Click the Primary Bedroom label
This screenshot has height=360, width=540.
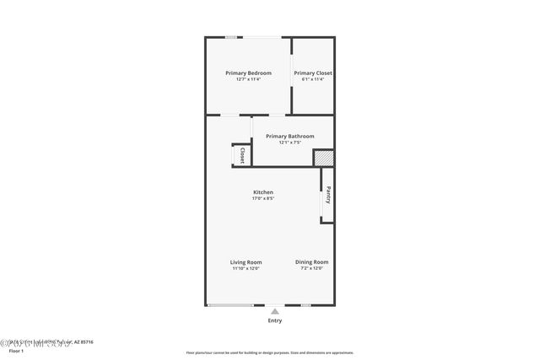point(248,73)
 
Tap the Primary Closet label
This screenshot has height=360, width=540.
point(312,73)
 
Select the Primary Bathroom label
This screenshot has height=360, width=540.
point(289,136)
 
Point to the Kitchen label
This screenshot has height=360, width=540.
point(262,192)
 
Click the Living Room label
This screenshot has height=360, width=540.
point(246,262)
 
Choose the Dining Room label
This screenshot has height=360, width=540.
point(311,262)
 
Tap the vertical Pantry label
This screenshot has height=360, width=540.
point(328,195)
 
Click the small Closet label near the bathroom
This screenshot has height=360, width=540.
point(242,155)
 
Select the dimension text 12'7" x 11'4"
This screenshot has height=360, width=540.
point(248,80)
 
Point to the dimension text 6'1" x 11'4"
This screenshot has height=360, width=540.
point(312,80)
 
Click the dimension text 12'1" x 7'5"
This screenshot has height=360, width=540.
point(289,142)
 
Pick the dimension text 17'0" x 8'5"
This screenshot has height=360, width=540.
point(262,199)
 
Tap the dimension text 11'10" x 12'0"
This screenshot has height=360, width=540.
point(246,269)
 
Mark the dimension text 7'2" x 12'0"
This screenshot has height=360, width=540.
point(311,269)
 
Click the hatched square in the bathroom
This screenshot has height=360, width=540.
point(323,158)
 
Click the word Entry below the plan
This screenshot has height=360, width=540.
point(275,320)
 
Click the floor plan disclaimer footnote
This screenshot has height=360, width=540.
point(270,352)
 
